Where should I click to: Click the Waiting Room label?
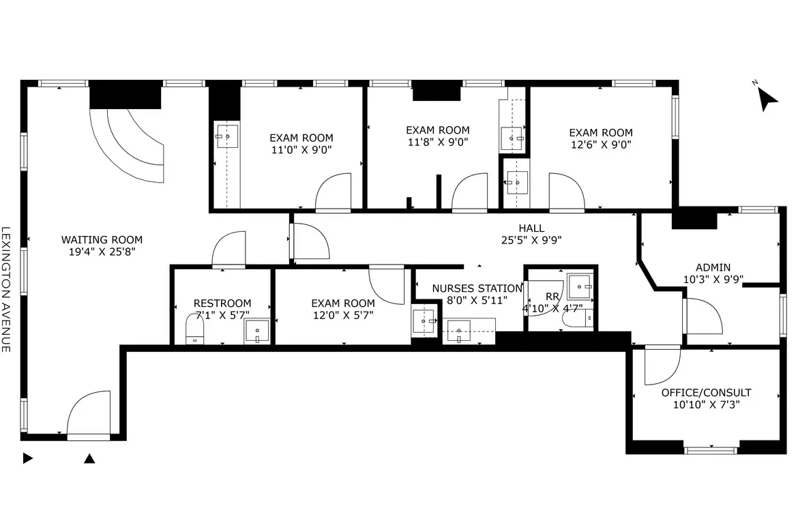102,245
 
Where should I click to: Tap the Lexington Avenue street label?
5,289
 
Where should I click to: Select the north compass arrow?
767,97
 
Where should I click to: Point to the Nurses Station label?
477,288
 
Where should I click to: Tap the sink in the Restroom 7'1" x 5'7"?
257,331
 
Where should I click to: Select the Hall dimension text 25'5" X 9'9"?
531,240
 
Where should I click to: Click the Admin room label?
713,267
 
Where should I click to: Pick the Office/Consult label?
706,393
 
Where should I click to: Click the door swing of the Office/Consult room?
662,365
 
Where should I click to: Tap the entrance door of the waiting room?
89,413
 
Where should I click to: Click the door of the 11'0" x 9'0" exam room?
334,192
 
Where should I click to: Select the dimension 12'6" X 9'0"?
601,145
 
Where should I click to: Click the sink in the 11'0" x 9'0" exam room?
227,136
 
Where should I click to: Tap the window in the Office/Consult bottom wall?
711,450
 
